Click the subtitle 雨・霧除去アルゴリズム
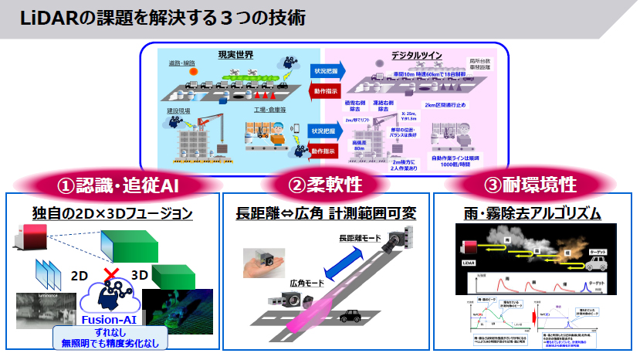[531, 212]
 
